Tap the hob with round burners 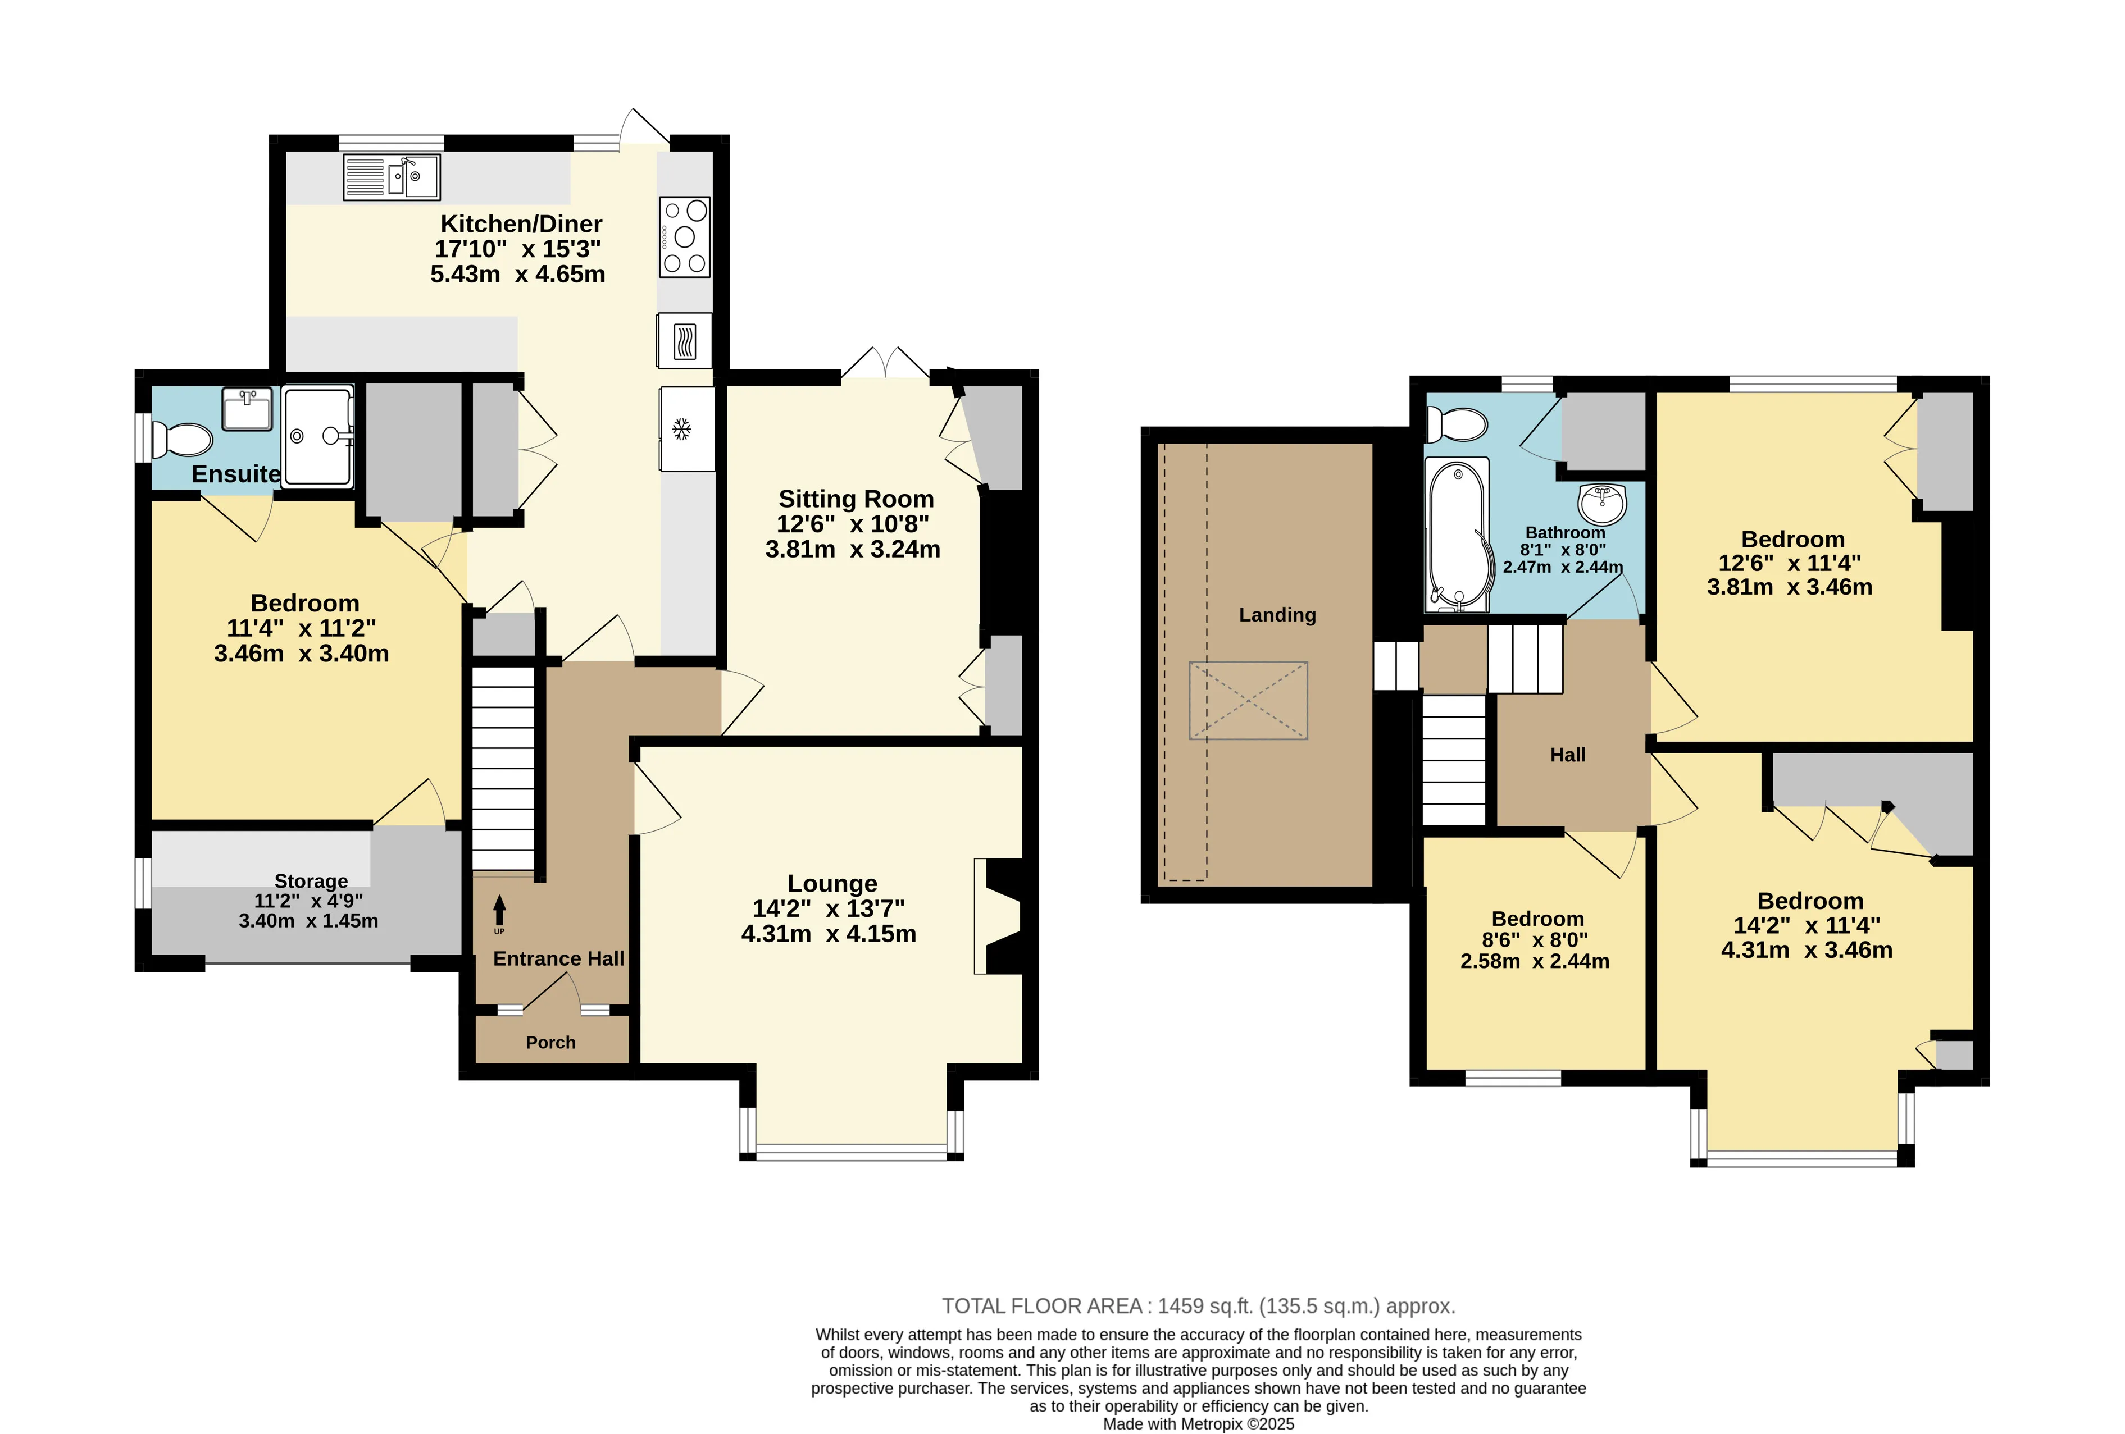click(x=685, y=238)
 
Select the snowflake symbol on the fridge click(x=681, y=428)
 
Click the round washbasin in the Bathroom click(x=1602, y=502)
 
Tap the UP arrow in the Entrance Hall click(x=499, y=910)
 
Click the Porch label click(x=550, y=1043)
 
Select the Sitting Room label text click(x=856, y=499)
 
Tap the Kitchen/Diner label click(x=521, y=224)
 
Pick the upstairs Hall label click(x=1567, y=755)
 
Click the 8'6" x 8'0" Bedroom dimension click(x=1534, y=939)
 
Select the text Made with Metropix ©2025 click(x=1198, y=1424)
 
